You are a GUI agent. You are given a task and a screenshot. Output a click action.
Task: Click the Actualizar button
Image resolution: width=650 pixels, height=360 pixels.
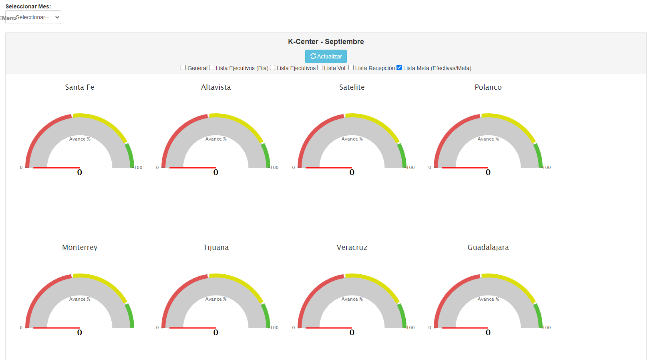point(326,56)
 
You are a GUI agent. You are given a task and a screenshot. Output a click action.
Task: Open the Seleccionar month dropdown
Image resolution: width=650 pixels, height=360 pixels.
point(33,17)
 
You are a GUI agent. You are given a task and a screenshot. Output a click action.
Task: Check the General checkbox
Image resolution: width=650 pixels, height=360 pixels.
point(183,68)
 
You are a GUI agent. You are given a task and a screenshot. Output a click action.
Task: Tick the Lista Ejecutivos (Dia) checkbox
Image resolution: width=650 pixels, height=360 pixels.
point(211,68)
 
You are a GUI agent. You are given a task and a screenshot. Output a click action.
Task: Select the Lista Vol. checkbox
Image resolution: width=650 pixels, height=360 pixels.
point(320,68)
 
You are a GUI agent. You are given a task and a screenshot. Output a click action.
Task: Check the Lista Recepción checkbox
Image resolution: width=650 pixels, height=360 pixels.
point(351,68)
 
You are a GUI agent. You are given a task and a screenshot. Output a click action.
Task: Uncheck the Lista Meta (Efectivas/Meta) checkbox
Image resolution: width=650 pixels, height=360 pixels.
point(399,68)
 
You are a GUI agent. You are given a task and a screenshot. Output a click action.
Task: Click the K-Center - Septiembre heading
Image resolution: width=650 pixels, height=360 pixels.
point(326,42)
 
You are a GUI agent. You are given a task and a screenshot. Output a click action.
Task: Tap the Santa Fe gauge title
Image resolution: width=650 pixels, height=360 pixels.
point(80,87)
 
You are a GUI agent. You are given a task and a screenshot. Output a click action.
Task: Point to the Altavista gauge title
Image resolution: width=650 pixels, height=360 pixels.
point(216,87)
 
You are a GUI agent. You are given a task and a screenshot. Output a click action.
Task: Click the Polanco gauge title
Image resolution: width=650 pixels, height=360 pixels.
point(488,87)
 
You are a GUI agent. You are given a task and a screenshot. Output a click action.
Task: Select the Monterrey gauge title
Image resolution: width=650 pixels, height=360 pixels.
point(80,247)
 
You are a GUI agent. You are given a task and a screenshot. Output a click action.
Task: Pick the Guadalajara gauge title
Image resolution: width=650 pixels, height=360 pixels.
point(488,247)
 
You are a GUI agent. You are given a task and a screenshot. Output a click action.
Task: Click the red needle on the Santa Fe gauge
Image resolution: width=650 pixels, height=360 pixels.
point(56,168)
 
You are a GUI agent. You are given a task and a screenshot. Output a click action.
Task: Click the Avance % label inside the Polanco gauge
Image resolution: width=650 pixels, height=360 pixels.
point(488,139)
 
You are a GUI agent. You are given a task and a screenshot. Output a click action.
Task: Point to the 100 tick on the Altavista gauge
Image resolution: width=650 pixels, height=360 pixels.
point(274,167)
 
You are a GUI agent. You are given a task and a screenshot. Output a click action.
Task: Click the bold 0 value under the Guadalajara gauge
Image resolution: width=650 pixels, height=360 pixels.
point(488,332)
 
